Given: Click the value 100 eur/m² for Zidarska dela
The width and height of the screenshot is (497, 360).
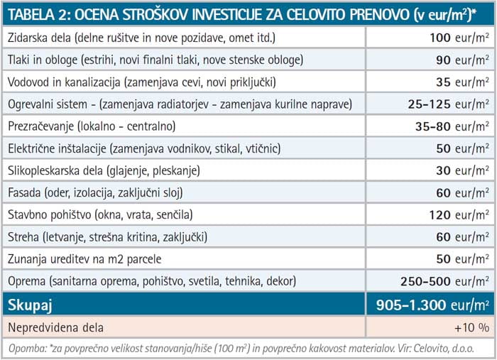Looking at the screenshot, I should (x=459, y=37).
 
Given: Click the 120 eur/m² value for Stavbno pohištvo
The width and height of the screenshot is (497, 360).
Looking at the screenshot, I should (x=459, y=214).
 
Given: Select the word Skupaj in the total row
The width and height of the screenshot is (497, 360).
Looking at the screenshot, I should (x=31, y=305).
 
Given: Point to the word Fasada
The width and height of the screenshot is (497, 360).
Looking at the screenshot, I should (x=23, y=192).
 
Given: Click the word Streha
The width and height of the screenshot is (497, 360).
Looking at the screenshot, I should (x=23, y=236).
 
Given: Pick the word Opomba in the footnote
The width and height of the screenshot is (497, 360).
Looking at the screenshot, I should (x=26, y=348).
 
